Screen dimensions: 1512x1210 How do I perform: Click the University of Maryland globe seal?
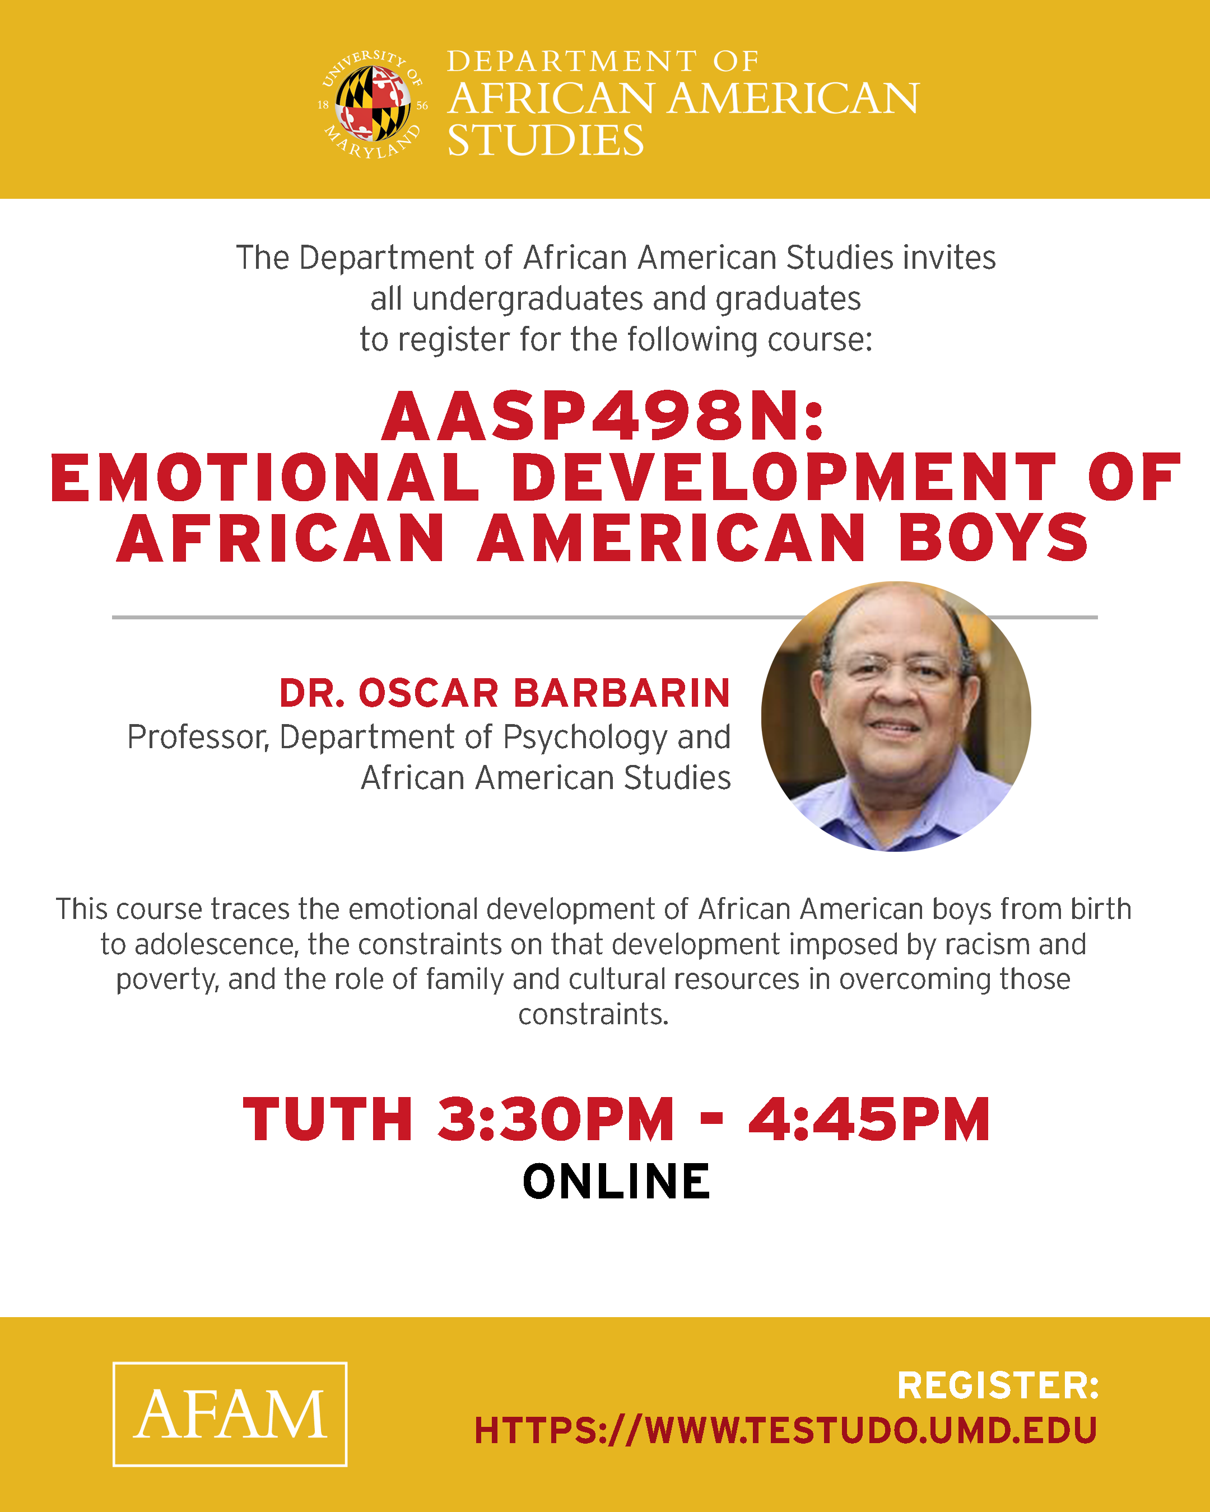coord(373,104)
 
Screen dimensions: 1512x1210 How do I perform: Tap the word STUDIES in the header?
coord(545,140)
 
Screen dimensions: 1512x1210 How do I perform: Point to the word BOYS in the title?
coord(993,539)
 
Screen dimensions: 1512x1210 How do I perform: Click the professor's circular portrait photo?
coord(896,716)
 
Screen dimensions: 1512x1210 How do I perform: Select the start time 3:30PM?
coord(555,1120)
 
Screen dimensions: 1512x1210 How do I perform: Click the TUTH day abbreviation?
coord(328,1120)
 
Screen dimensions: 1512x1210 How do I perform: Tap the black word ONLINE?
coord(616,1182)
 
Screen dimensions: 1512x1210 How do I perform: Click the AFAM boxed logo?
coord(230,1414)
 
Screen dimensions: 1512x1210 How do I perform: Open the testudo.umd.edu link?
coord(785,1431)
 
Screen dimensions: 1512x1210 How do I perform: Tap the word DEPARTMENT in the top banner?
coord(572,62)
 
